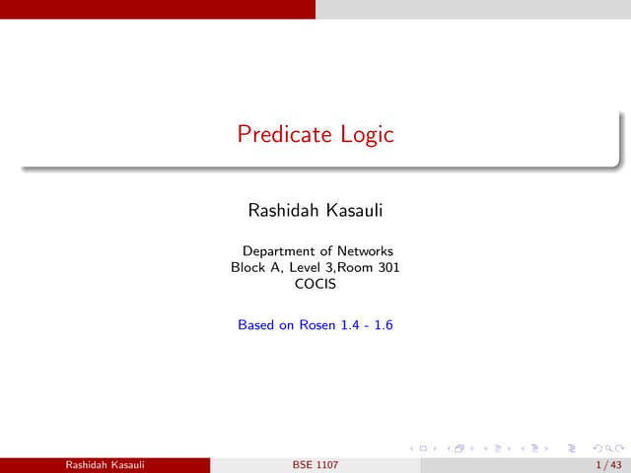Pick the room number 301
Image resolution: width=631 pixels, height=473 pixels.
click(x=387, y=267)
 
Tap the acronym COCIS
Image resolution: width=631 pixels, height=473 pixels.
click(x=315, y=284)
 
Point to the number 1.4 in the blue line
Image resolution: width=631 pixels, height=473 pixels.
click(x=351, y=324)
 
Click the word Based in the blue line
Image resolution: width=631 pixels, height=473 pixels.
click(x=256, y=324)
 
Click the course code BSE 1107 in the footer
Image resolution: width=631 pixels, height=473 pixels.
click(x=315, y=463)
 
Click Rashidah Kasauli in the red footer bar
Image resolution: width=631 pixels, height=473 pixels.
click(x=105, y=463)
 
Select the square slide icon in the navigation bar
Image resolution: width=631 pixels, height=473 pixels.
click(x=423, y=447)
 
